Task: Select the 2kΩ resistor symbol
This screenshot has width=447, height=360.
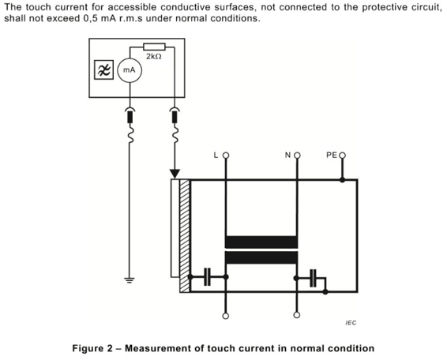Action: (154, 47)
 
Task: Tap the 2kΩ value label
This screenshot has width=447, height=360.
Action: (154, 56)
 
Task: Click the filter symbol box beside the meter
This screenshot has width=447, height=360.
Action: (103, 69)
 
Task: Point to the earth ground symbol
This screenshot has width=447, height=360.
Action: (130, 280)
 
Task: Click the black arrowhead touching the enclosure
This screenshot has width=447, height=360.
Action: (175, 174)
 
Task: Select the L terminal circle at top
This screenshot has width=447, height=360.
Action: (226, 156)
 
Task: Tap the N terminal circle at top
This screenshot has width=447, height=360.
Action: (297, 156)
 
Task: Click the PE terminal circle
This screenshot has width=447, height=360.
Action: (343, 156)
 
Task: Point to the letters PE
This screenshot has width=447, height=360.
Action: (332, 156)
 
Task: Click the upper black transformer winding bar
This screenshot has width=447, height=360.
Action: (261, 242)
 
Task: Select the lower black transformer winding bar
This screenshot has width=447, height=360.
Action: (261, 257)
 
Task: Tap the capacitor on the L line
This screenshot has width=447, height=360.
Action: (207, 277)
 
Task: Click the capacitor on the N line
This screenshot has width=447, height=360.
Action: (313, 278)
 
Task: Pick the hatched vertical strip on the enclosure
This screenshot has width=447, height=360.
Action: (185, 236)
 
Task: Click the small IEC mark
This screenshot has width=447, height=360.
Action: (351, 323)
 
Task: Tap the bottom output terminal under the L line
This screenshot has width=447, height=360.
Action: (226, 316)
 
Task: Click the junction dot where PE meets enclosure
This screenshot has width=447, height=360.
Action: (343, 180)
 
